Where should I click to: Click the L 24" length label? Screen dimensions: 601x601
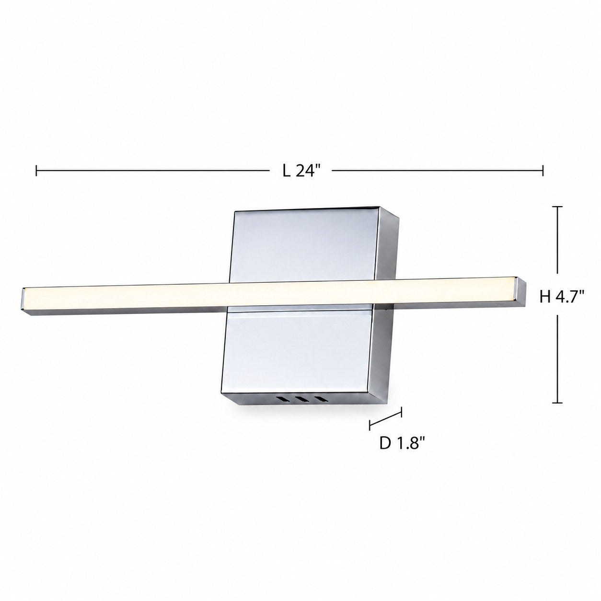(301, 171)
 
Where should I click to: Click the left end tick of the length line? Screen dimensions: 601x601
(36, 171)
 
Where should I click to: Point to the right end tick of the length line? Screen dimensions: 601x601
(543, 171)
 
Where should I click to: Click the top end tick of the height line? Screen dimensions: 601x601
(557, 207)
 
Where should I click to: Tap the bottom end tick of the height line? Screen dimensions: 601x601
(557, 403)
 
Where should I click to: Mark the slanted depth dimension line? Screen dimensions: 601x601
(385, 418)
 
